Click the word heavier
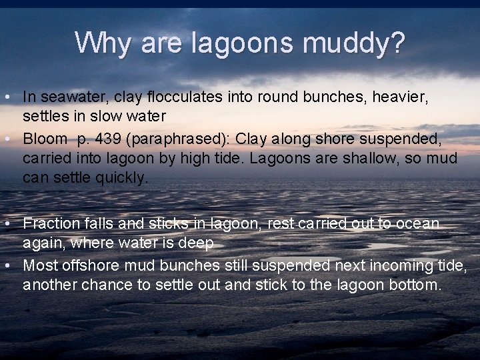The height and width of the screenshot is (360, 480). click(403, 97)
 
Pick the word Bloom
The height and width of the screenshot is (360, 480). click(45, 139)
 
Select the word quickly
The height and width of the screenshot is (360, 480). click(124, 178)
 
